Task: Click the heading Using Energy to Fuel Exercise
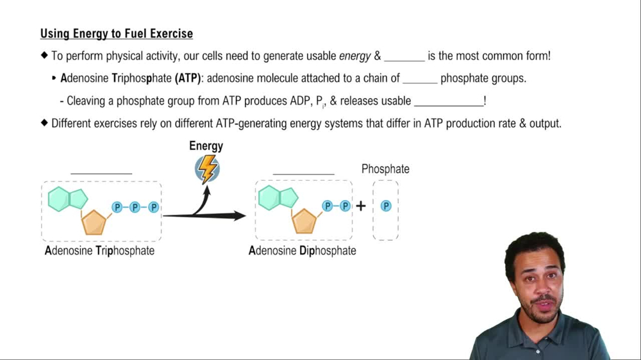pos(116,33)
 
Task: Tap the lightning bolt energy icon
pos(206,169)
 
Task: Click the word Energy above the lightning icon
pos(206,146)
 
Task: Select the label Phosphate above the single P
pos(385,169)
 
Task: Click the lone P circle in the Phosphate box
pos(386,206)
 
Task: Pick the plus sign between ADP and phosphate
pos(361,206)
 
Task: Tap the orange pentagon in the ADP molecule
pos(304,221)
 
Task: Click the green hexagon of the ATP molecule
pos(60,199)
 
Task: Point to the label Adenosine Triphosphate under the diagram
pos(99,250)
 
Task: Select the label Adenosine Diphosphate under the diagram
pos(302,250)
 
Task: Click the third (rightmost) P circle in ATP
pos(153,207)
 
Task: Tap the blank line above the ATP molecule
pos(101,172)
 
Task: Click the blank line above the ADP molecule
pos(303,172)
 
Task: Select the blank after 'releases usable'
pos(449,102)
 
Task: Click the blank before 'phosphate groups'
pos(420,79)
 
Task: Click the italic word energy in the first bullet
pos(354,56)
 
